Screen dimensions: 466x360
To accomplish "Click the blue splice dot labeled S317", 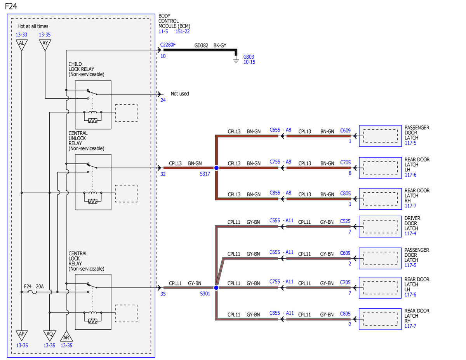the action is click(x=216, y=168).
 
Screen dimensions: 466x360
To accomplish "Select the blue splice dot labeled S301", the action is click(x=216, y=288).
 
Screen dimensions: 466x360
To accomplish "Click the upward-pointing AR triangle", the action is click(x=66, y=336).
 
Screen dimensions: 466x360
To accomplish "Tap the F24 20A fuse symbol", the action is click(x=32, y=292).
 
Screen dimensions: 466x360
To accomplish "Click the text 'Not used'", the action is click(x=180, y=94).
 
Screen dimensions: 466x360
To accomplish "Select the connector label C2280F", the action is click(x=168, y=45).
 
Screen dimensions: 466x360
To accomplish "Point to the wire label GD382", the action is click(x=201, y=45).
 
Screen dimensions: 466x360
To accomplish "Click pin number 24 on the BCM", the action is click(x=163, y=100).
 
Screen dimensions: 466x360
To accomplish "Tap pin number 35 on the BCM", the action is click(x=163, y=294).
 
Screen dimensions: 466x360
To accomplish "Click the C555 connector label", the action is click(x=275, y=221).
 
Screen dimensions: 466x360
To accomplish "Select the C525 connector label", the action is click(x=345, y=221).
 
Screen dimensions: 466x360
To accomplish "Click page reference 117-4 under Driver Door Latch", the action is click(x=410, y=233).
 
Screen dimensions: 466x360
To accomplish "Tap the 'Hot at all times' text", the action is click(x=33, y=26).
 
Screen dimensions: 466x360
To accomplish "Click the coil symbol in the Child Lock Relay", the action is click(x=93, y=112).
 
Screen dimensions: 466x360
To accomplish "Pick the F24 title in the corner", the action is click(x=11, y=7).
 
